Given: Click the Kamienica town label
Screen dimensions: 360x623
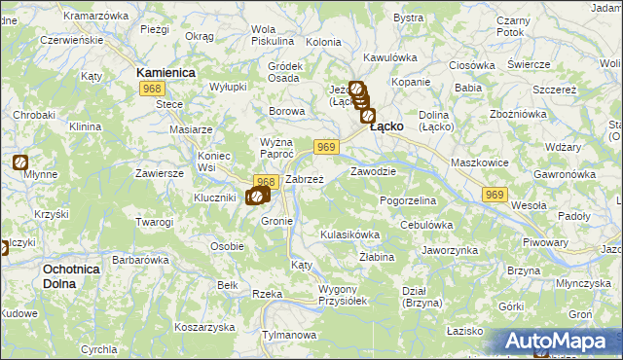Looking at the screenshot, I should coord(166,73).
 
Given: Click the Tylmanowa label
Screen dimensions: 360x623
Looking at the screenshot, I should coord(290,336).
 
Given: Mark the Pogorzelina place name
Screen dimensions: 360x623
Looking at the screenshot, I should coord(408,200).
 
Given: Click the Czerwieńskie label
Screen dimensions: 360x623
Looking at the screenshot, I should coord(68,41).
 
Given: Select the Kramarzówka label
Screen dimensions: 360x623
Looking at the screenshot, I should coord(95,17).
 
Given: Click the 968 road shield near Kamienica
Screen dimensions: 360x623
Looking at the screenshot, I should coord(151,90).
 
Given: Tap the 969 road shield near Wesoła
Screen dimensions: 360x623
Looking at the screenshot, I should coord(495,196).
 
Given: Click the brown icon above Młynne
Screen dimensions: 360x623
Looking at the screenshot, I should coord(20,162).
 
